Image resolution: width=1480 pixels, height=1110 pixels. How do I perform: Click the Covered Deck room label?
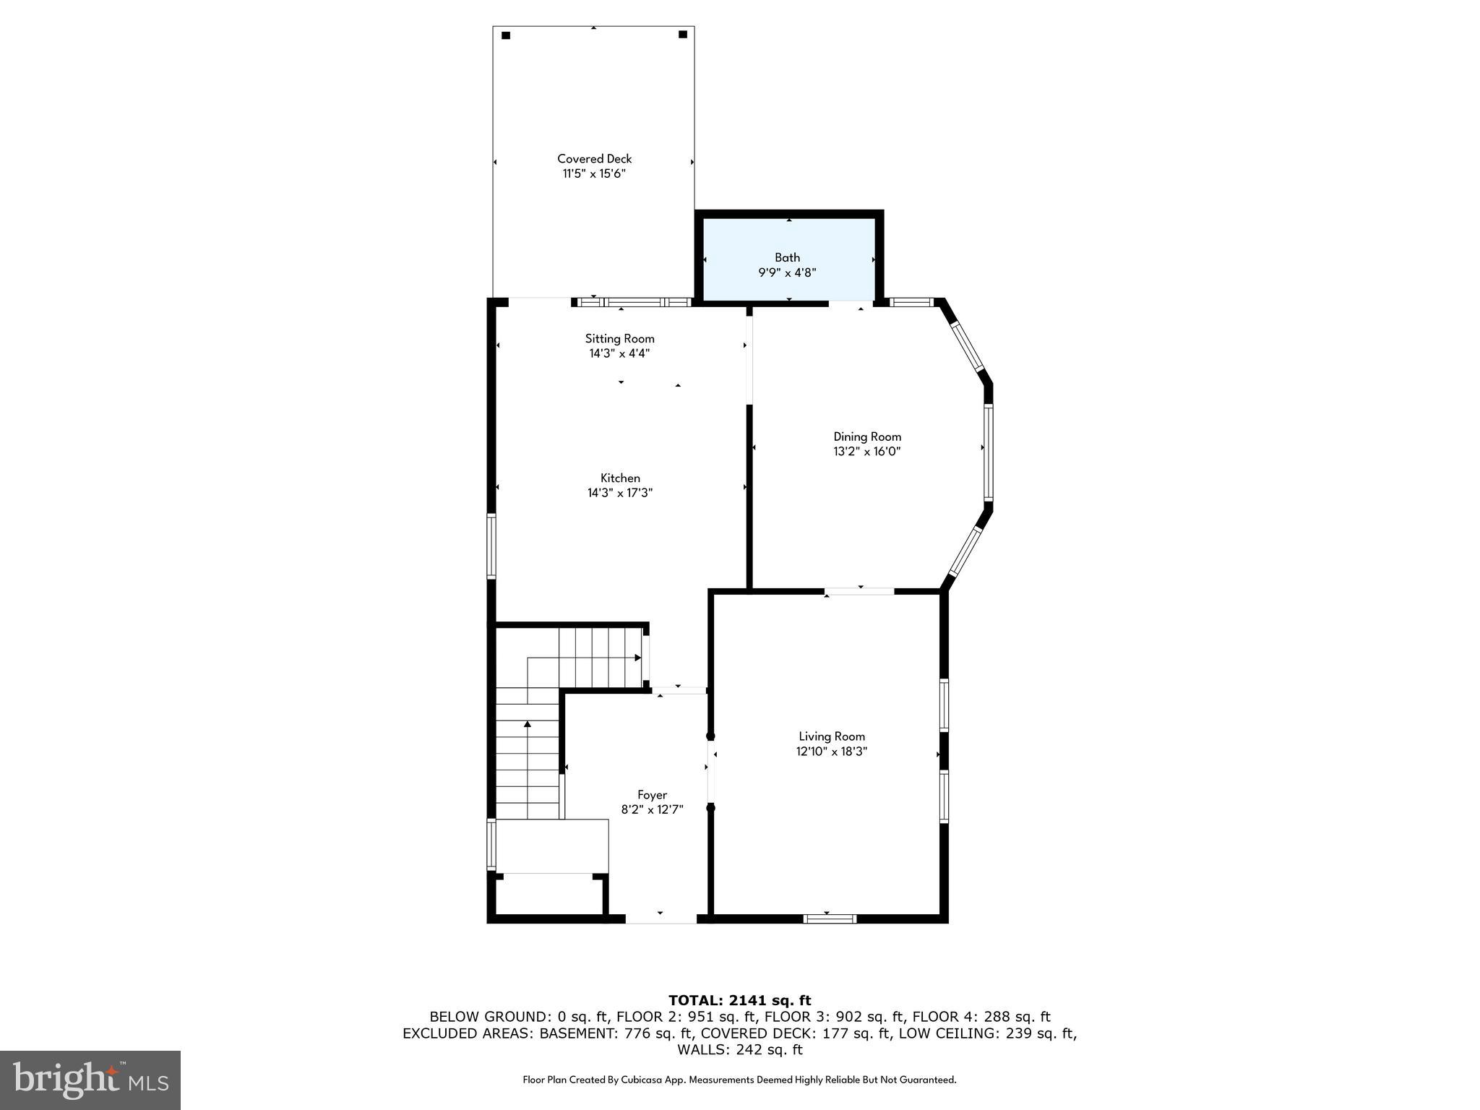point(594,158)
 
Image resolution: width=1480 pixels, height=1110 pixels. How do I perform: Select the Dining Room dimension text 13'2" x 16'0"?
point(866,452)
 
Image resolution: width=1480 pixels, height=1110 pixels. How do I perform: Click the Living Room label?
point(831,736)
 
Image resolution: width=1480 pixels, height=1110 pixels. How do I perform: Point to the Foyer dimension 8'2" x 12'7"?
point(652,810)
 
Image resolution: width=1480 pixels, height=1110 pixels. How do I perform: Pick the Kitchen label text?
point(620,478)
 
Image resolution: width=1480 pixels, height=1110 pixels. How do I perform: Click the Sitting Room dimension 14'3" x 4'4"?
point(619,353)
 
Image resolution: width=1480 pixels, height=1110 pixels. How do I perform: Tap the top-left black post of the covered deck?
point(506,35)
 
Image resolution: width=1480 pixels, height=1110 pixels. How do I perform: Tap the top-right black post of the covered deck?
point(682,34)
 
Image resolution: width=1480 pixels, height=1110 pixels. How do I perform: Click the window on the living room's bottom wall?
point(830,918)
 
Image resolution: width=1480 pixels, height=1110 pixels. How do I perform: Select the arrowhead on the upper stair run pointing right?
point(637,658)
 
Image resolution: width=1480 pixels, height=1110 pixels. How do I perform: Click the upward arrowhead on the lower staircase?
point(528,723)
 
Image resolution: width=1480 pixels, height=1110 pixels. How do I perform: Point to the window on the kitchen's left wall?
point(491,546)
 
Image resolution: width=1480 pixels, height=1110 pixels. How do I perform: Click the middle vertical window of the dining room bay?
point(988,452)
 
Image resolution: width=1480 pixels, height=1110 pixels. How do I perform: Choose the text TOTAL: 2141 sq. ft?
point(739,1001)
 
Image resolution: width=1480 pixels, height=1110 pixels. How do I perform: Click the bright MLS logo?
point(90,1080)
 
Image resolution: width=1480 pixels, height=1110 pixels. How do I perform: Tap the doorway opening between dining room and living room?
point(859,591)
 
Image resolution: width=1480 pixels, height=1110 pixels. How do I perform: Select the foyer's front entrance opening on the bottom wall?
point(661,918)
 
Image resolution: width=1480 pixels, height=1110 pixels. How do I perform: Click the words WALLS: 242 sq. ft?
point(739,1049)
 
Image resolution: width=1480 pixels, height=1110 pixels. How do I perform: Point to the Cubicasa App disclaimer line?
point(739,1080)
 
